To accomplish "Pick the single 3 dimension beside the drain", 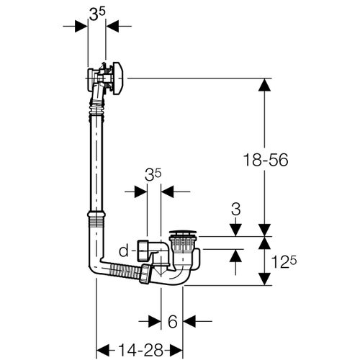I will pyautogui.click(x=235, y=210).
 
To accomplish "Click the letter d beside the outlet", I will pyautogui.click(x=123, y=251).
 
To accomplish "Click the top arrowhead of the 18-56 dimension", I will pyautogui.click(x=265, y=86).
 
